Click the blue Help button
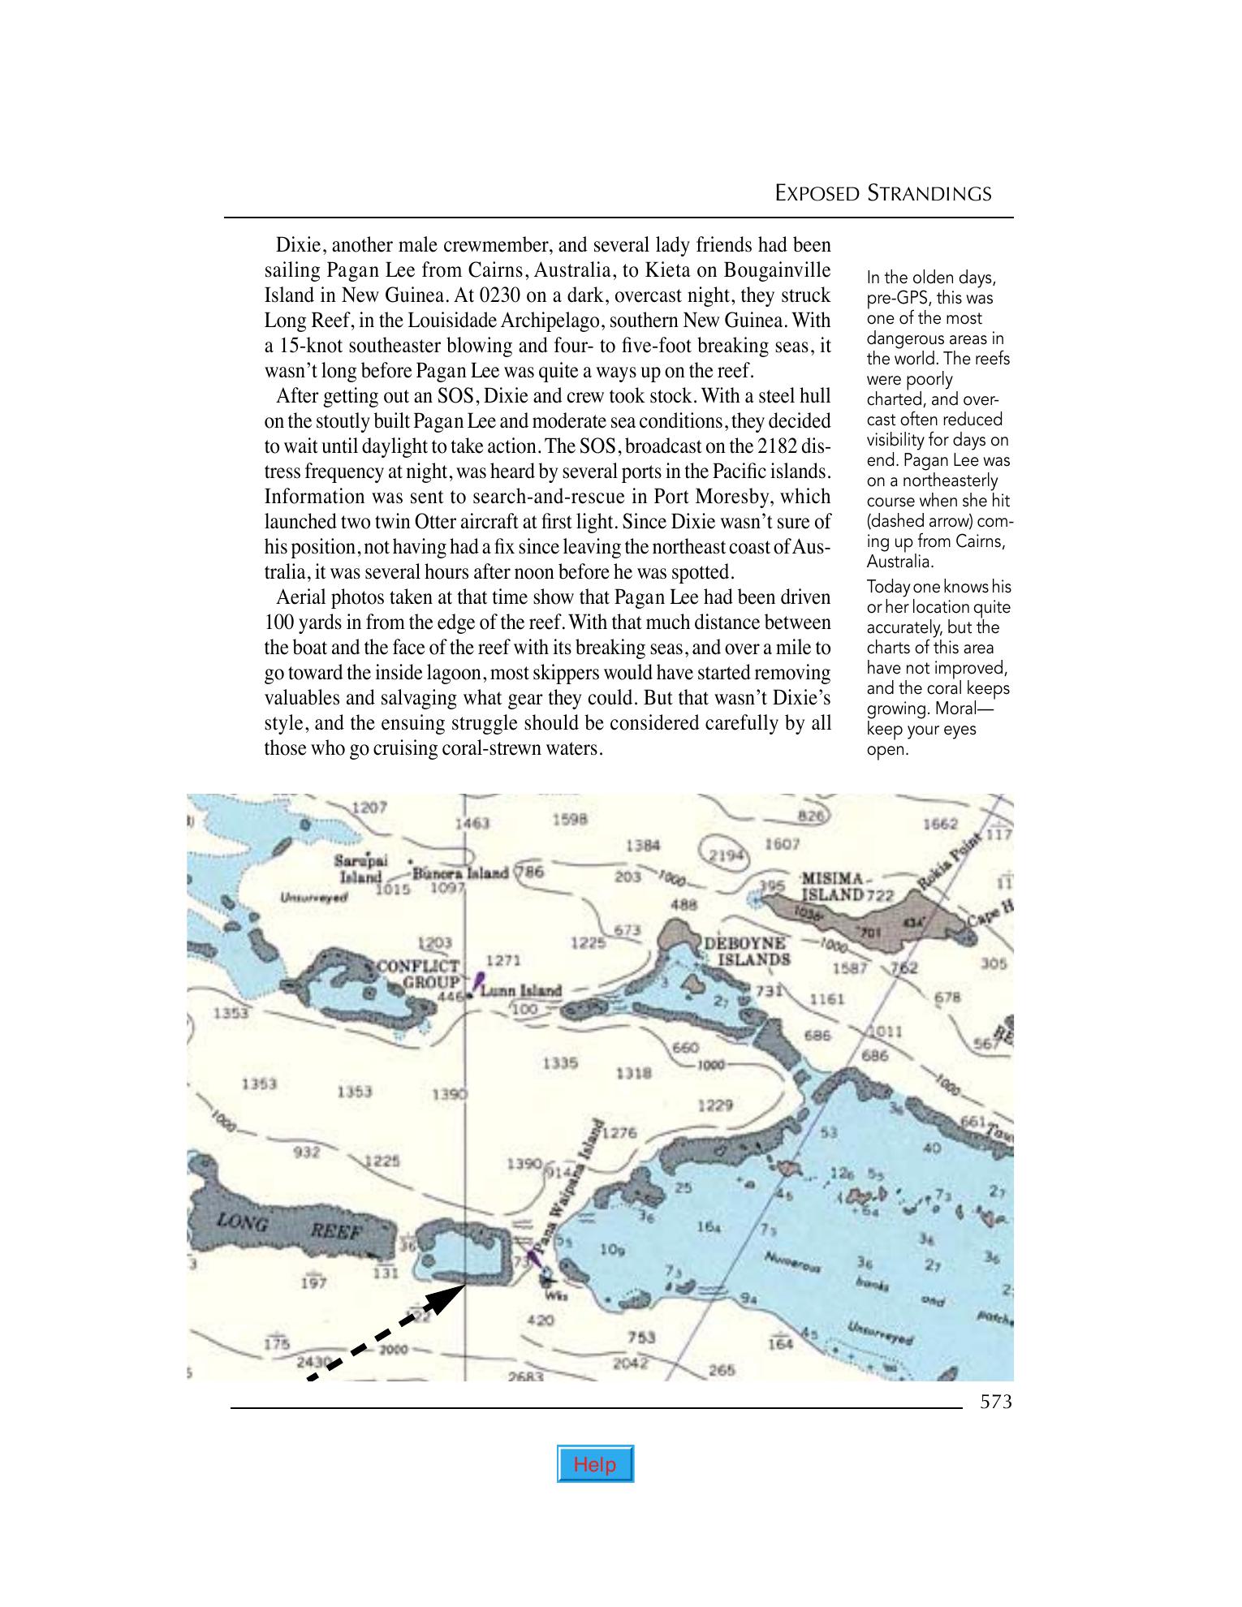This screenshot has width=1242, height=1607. pos(595,1464)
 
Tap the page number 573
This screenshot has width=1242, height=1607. pos(996,1402)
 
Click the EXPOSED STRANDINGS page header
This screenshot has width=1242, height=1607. pos(882,193)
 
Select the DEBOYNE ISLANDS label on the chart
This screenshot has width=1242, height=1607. pos(746,951)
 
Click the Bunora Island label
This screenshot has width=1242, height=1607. pos(460,873)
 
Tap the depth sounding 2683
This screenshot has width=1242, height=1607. pos(525,1377)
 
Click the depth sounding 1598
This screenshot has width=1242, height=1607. pos(570,821)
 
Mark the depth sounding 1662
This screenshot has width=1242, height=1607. pos(941,825)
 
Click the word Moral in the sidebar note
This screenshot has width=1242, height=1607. pos(959,709)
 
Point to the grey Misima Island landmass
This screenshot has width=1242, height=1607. pos(885,921)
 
